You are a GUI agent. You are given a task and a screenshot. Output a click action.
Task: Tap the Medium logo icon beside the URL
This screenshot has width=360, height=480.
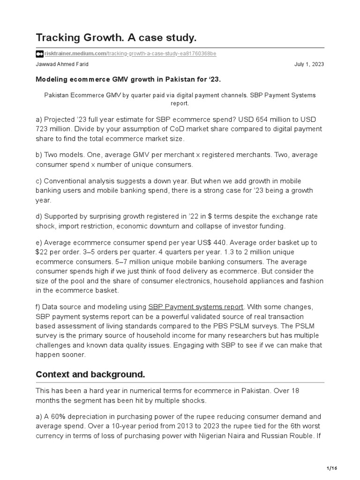(39, 54)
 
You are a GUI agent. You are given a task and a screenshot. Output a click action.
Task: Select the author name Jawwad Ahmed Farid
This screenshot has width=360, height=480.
(62, 64)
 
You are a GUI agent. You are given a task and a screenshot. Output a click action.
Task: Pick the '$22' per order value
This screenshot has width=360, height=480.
(42, 252)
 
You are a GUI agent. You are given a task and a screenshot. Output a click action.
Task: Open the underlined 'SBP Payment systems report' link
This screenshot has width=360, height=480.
(196, 307)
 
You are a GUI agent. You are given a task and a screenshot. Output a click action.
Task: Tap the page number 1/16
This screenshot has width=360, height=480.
(331, 468)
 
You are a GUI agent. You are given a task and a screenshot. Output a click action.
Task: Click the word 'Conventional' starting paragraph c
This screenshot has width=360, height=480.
(65, 181)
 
